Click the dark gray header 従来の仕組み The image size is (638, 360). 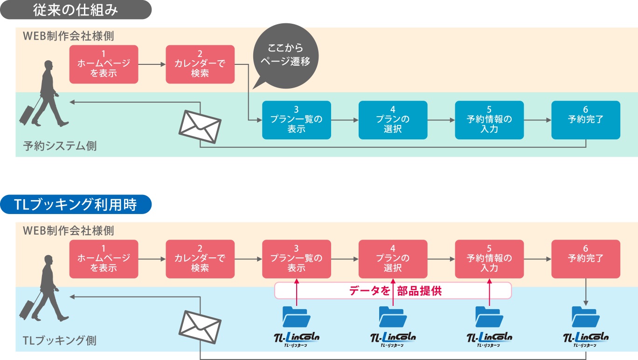(x=76, y=10)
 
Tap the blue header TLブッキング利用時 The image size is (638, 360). (x=76, y=204)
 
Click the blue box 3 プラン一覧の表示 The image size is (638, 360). (x=297, y=120)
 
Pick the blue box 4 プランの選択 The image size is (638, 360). (x=393, y=120)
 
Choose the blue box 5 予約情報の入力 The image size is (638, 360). (x=489, y=120)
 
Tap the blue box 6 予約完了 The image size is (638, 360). (x=586, y=120)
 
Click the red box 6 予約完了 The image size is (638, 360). (x=586, y=259)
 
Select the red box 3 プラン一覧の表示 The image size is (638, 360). (x=297, y=259)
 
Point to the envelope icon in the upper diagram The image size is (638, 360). (x=200, y=127)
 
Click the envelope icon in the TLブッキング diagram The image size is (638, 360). (x=200, y=327)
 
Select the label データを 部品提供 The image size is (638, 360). (x=395, y=291)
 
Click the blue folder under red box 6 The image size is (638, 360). (x=586, y=317)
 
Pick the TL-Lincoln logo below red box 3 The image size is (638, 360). (x=297, y=339)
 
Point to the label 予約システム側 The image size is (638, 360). (x=60, y=146)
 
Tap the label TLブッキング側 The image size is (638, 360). (x=60, y=340)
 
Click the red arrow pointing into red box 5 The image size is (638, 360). (x=489, y=292)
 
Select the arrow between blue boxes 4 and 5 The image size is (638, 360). (x=441, y=120)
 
